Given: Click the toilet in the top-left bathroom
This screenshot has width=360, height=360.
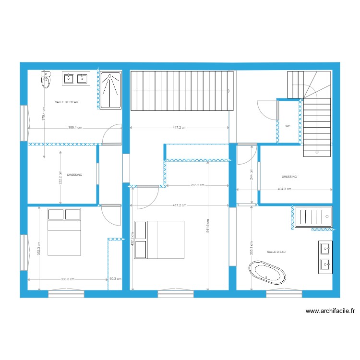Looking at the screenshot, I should click(x=46, y=80).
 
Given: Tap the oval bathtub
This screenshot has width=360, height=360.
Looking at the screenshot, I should click(x=267, y=273).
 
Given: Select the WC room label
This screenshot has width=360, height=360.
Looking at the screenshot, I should click(x=288, y=127).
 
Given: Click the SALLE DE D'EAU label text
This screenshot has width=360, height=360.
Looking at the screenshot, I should click(x=67, y=102).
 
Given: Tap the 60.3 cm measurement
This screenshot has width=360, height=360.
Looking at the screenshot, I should click(x=115, y=279).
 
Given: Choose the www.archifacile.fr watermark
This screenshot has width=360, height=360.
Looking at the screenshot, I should click(x=330, y=311).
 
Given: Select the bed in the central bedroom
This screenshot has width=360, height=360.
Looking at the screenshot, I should click(x=159, y=240).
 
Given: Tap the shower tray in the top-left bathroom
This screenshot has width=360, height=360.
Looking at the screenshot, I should click(x=111, y=91).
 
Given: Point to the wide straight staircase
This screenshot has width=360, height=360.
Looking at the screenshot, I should click(x=182, y=90).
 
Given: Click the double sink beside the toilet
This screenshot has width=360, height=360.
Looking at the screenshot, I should click(x=76, y=78).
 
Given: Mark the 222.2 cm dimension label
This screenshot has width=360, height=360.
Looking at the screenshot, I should click(x=60, y=177).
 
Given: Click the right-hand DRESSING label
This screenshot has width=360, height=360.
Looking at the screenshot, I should click(x=289, y=177).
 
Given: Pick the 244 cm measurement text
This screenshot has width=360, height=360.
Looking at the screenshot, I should click(x=251, y=173).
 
